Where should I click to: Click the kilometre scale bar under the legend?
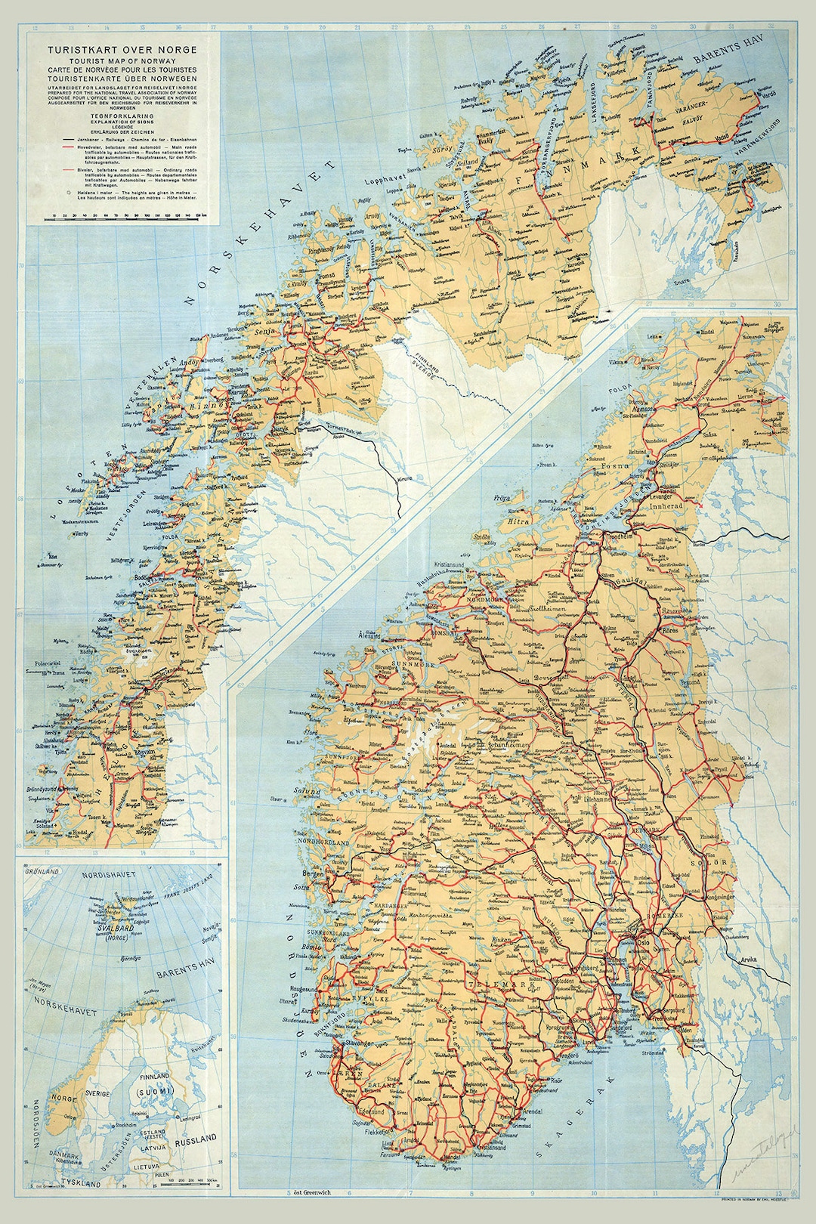(125, 218)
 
